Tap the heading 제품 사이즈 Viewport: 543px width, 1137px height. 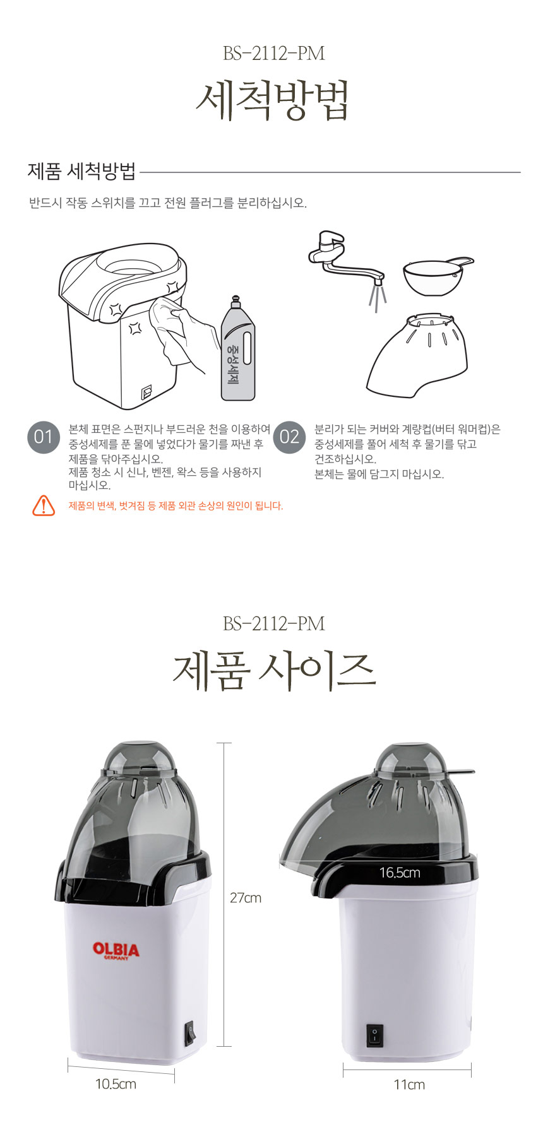coord(274,671)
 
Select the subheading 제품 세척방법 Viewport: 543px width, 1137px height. coord(82,171)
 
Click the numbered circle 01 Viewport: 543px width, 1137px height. coord(43,437)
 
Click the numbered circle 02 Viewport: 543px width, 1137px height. coord(289,437)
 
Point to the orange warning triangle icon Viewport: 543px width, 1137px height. coord(44,505)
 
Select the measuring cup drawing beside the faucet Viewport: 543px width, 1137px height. coord(437,275)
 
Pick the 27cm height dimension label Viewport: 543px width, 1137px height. coord(246,898)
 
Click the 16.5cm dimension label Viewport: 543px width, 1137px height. coord(400,873)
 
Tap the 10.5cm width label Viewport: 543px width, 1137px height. coord(116,1084)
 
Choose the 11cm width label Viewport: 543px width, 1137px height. coord(409,1085)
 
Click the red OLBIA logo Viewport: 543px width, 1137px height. coord(116,950)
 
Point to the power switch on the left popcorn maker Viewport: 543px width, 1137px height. coord(190,1035)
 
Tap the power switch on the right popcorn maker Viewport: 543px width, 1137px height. coord(374,1035)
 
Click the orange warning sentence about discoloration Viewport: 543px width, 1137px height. coord(176,505)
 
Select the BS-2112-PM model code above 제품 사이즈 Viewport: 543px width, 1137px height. coord(274,623)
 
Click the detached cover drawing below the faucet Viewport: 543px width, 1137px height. coord(418,355)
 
